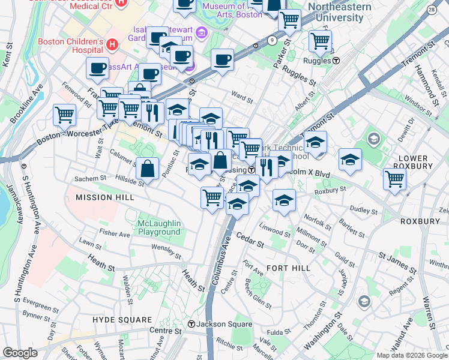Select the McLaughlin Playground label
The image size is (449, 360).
[159, 227]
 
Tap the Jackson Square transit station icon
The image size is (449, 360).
[191, 324]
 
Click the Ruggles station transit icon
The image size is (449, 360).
[337, 61]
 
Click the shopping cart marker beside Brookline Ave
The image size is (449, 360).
[64, 113]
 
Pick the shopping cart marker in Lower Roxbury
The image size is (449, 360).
[394, 178]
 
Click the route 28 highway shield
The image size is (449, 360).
[431, 10]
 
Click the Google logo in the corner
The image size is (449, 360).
[20, 353]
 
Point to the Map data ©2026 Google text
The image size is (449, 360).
[411, 355]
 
